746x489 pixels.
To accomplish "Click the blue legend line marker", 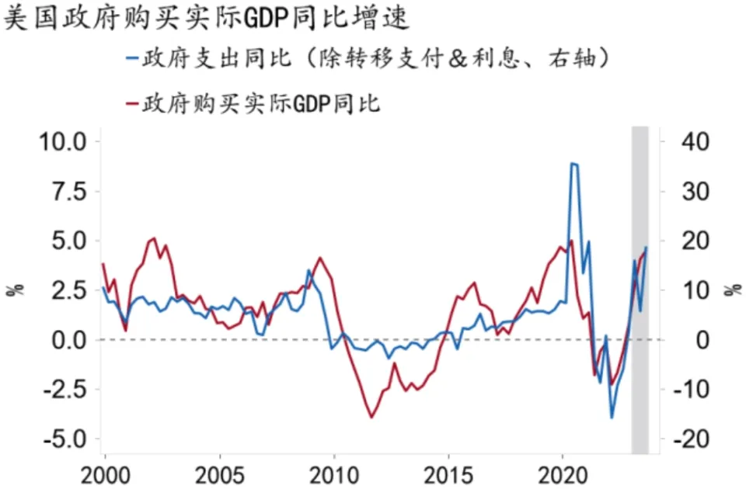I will [x=131, y=59].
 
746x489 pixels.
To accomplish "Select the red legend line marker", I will [x=131, y=104].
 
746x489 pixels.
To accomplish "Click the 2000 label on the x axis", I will [x=104, y=474].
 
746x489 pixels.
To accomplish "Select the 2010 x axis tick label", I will [x=334, y=474].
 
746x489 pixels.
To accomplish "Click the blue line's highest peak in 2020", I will [x=572, y=164].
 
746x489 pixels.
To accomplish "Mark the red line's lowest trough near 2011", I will [x=371, y=418].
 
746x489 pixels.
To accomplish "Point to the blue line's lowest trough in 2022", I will [x=612, y=418].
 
